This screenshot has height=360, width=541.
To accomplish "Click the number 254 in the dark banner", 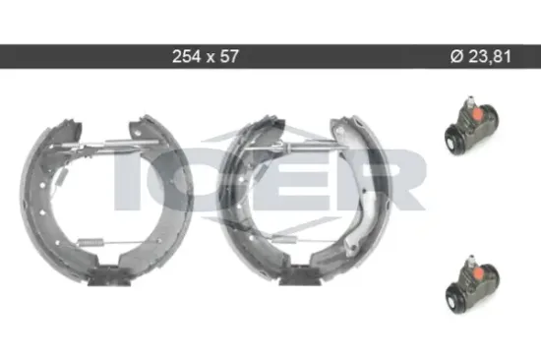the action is coord(186,56).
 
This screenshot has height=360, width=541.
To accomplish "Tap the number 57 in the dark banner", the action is coord(229,56).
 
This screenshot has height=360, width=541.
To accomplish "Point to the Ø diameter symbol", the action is coord(456,56).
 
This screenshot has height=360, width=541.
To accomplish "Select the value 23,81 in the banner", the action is coord(490,57).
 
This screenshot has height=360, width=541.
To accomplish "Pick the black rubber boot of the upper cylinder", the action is coord(454,140).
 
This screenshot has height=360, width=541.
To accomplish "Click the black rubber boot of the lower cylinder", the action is coord(455,299).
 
